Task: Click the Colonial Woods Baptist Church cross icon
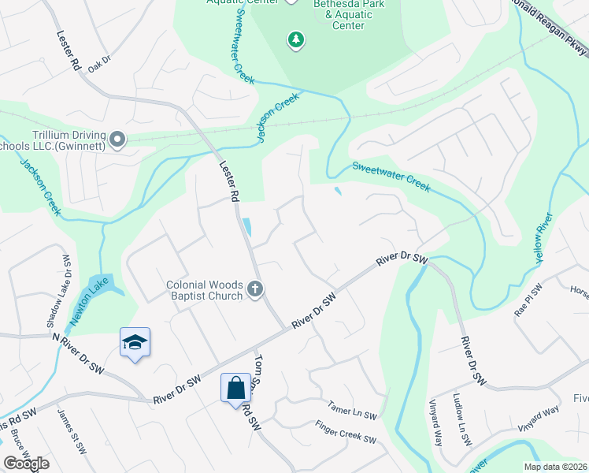tap(254, 290)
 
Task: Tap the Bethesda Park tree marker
tap(295, 40)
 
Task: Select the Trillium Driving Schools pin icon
tap(117, 140)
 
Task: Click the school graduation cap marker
tap(135, 342)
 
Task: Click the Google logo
tap(26, 464)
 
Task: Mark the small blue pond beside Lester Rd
tap(248, 227)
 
